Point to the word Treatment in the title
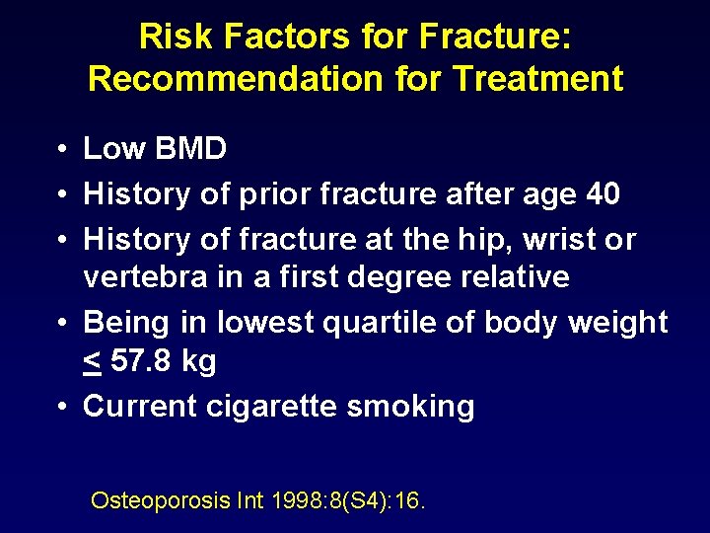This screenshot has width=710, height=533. coord(540,78)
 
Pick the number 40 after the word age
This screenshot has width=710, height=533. coord(602,194)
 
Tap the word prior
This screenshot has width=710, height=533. coord(268,194)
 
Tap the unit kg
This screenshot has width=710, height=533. coord(199,362)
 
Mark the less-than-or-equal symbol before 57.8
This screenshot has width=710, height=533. coord(92,361)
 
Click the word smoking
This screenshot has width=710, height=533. coord(419,406)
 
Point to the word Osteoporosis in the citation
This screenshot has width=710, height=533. coord(161,500)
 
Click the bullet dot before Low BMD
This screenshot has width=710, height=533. coord(61,150)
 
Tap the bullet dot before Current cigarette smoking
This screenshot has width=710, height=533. coord(61,406)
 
